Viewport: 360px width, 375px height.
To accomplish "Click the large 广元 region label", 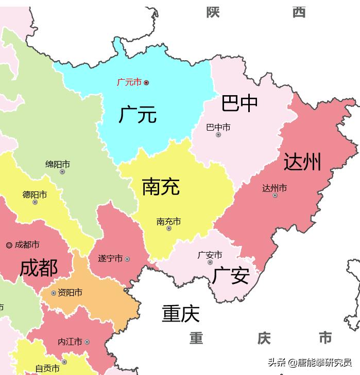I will pos(138,114).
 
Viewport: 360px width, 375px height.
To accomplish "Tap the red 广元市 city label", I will pos(129,82).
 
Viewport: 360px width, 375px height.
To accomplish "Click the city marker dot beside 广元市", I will pos(146,82).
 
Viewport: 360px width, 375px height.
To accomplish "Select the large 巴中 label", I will pos(239,103).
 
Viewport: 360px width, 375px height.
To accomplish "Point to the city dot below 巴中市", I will pos(218,135).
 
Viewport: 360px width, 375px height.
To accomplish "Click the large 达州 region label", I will pos(302,162).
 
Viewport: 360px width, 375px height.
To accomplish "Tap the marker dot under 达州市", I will pos(275,195).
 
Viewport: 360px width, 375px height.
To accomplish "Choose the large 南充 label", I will pos(161,186).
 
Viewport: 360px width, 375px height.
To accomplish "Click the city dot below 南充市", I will pos(169,228).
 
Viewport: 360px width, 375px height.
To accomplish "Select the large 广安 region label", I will pos(231,275).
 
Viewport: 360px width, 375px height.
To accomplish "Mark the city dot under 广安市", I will pos(210,262).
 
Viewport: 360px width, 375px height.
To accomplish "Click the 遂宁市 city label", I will pos(110,259).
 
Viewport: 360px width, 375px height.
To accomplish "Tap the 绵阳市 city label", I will pos(58,165).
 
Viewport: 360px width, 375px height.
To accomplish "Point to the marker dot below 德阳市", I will pos(35,202).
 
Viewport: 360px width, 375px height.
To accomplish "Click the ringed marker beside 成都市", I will pos(9,245).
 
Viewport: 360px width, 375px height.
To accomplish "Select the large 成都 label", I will pos(39,268).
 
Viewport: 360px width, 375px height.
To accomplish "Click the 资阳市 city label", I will pos(70,293).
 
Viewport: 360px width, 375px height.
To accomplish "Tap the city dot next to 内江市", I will pos(87,342).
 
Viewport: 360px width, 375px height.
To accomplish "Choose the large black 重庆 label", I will pos(180,313).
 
